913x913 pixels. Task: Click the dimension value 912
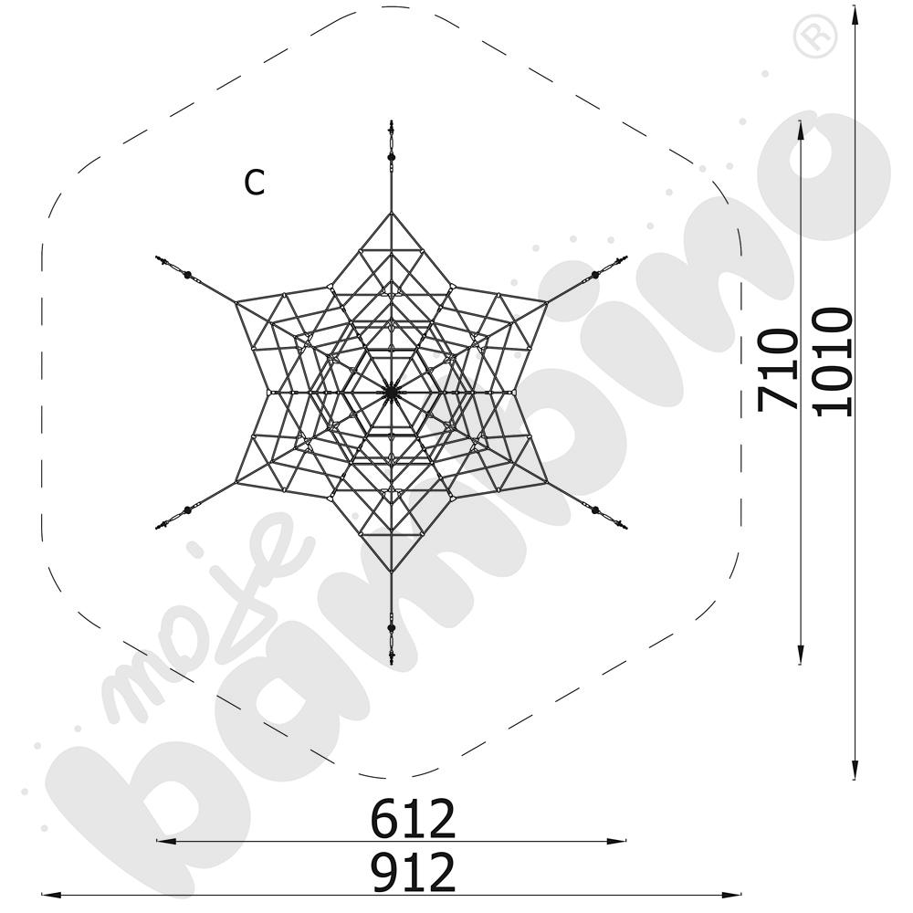click(x=413, y=872)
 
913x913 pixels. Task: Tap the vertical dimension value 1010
click(x=833, y=362)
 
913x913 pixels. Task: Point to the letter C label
click(x=255, y=183)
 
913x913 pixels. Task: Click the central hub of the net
click(x=392, y=393)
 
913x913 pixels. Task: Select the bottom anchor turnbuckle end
click(x=392, y=660)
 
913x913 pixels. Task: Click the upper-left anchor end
click(x=158, y=258)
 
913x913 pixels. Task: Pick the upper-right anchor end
click(x=624, y=257)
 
